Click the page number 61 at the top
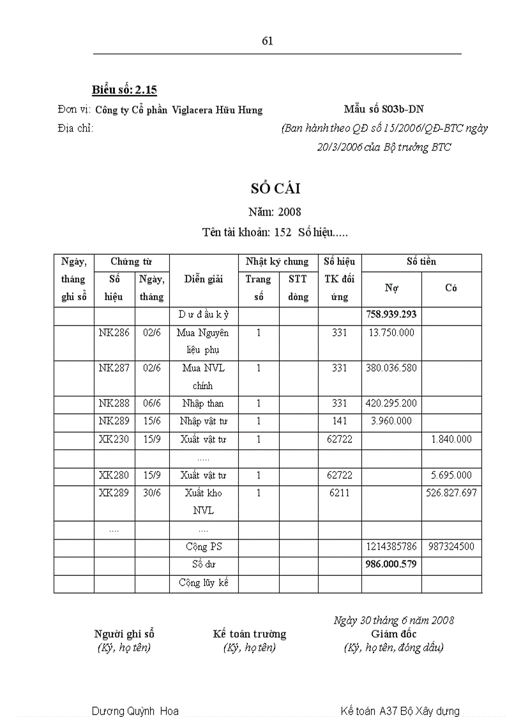click(x=268, y=41)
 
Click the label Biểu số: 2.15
click(x=125, y=89)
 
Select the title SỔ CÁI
click(x=275, y=188)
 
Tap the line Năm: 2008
click(x=275, y=211)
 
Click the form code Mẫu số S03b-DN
click(x=383, y=109)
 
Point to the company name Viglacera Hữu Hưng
click(x=217, y=110)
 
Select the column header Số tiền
click(x=421, y=262)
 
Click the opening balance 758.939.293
click(x=391, y=315)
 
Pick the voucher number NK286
click(x=114, y=333)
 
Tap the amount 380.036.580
click(x=391, y=368)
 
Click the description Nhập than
click(x=203, y=404)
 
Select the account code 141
click(x=340, y=421)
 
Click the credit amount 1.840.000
click(x=451, y=439)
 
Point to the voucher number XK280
click(x=114, y=475)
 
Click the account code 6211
click(x=340, y=493)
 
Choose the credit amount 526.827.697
click(x=451, y=493)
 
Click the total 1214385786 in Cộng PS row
click(x=391, y=547)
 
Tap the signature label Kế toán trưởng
click(x=249, y=634)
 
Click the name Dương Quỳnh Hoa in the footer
click(x=135, y=711)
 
